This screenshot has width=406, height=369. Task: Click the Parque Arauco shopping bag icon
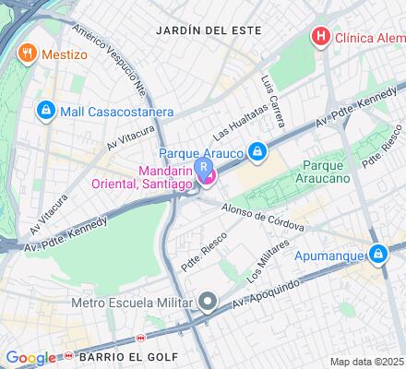tap(260, 151)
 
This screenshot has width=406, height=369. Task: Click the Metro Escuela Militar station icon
tap(209, 302)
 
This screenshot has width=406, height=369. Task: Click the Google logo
tap(30, 358)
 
